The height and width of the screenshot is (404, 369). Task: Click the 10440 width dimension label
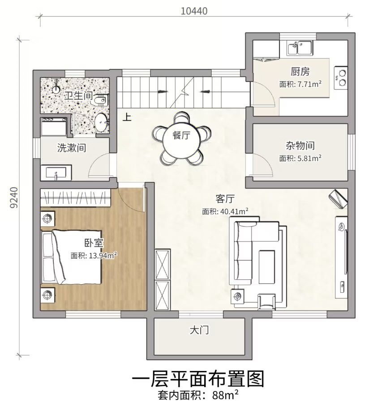click(194, 11)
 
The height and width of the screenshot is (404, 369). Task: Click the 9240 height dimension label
click(14, 198)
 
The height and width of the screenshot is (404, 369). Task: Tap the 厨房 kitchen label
click(300, 72)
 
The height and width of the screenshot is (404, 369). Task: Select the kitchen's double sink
click(300, 48)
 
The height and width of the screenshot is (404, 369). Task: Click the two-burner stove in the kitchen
click(341, 78)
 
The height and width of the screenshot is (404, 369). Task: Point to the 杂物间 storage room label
click(300, 146)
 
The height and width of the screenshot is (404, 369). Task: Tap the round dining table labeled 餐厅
click(182, 135)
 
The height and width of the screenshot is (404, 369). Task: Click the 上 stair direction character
click(127, 117)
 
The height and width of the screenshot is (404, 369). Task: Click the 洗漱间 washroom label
click(72, 148)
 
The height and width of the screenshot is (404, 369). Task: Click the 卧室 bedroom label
click(94, 243)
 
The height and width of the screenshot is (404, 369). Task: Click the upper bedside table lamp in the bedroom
click(47, 219)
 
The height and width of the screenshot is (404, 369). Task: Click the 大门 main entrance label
click(199, 330)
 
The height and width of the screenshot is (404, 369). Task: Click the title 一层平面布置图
click(198, 379)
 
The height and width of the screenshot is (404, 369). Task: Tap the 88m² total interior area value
click(225, 396)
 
